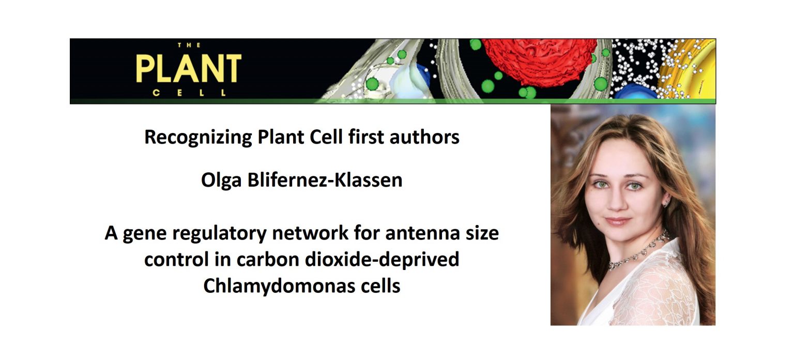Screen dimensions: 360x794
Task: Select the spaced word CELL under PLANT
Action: pyautogui.click(x=189, y=94)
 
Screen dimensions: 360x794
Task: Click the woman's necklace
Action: pyautogui.click(x=638, y=253)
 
